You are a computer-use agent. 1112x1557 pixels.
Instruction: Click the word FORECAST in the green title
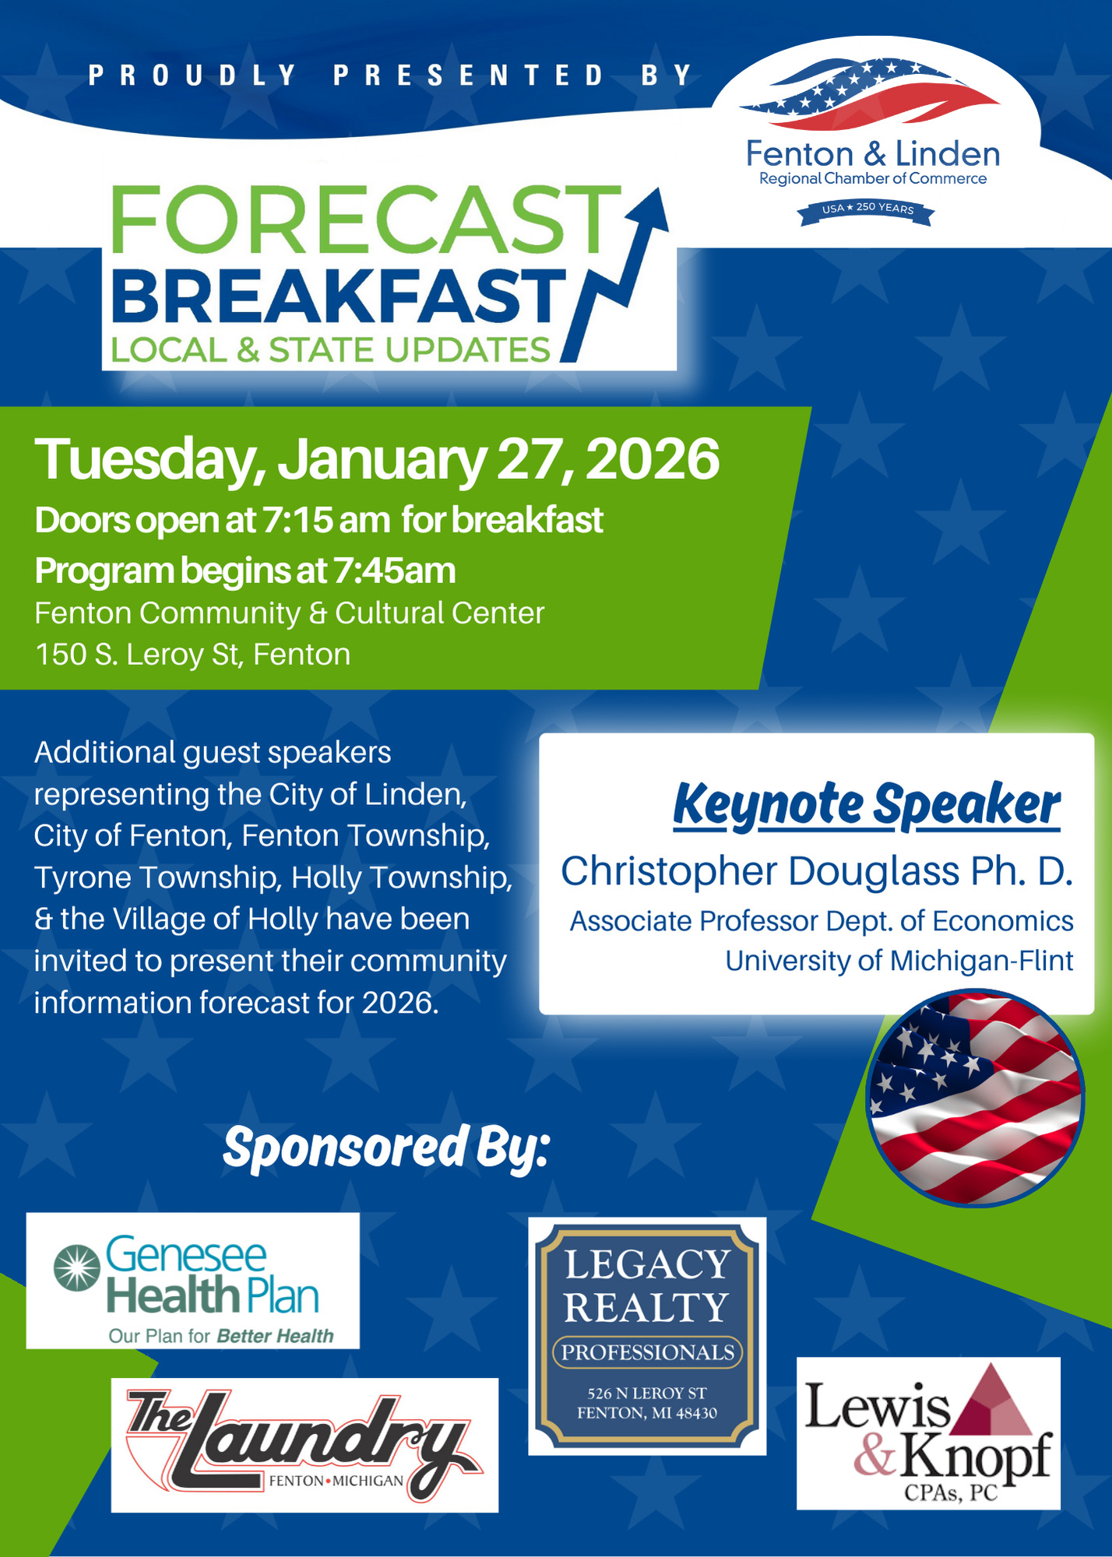point(365,220)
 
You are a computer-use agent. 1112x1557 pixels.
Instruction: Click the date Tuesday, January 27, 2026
point(377,459)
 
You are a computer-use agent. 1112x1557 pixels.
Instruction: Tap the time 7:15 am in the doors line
point(326,520)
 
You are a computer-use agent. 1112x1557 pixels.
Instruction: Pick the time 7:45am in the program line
point(394,571)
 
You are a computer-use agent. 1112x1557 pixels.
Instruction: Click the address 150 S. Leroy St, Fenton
point(192,655)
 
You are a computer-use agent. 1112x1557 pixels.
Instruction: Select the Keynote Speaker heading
point(867,805)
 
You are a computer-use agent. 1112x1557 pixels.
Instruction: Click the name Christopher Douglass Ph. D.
point(817,871)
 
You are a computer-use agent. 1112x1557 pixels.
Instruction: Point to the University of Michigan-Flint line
point(899,961)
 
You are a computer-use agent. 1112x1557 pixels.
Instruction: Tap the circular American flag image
point(975,1098)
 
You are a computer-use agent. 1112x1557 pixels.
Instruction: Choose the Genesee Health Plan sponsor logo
point(193,1281)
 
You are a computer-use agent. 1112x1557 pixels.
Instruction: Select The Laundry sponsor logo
point(304,1446)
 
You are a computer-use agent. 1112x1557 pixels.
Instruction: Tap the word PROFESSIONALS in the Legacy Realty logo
point(648,1352)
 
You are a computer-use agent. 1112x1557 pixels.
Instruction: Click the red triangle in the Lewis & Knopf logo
point(996,1401)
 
